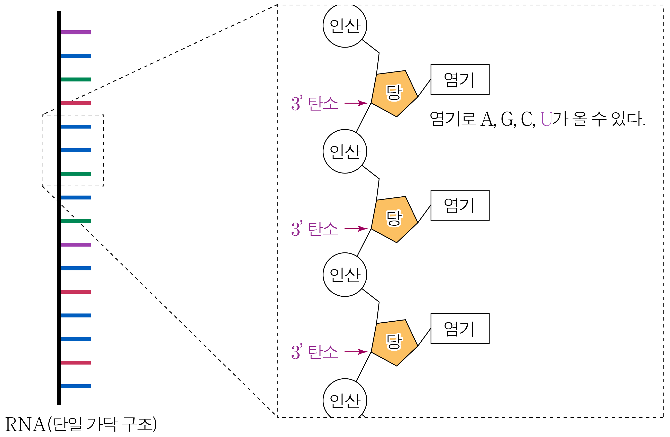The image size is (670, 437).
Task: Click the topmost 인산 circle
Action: (345, 26)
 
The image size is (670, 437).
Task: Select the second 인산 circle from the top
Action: (345, 151)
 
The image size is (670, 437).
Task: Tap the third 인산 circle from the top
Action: (345, 275)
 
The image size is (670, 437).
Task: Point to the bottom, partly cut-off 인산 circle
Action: (345, 399)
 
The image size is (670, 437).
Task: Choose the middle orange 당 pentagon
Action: (394, 219)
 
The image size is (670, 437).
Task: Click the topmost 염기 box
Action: (460, 79)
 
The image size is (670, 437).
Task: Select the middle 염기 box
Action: (460, 205)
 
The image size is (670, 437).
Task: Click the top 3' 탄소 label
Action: (314, 103)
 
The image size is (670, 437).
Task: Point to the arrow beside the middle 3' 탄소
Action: (356, 229)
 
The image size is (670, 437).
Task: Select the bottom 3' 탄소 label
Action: (314, 352)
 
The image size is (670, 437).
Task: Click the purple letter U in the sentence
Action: (546, 119)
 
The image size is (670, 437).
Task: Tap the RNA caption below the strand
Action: (81, 424)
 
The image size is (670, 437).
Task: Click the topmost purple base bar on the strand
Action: (76, 32)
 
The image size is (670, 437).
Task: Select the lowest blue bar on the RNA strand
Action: (76, 386)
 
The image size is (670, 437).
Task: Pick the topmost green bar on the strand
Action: (76, 79)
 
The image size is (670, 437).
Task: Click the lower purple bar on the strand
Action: (76, 244)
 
